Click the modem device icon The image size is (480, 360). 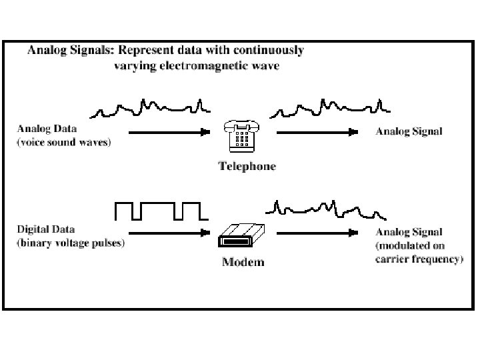(241, 235)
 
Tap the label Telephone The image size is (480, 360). (247, 166)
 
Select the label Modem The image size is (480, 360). (243, 262)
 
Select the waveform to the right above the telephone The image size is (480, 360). (329, 107)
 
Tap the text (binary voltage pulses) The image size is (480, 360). (71, 243)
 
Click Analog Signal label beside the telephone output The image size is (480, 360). (409, 131)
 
